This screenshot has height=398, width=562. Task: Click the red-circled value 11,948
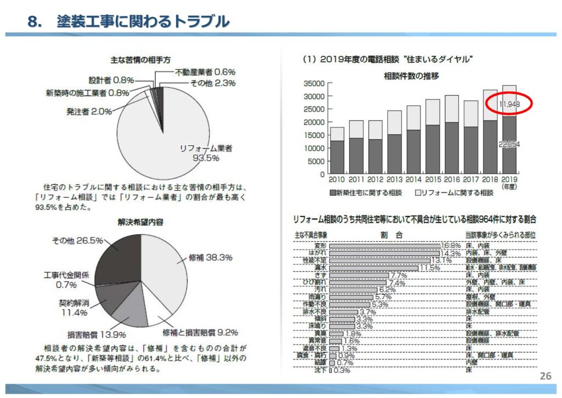(509, 104)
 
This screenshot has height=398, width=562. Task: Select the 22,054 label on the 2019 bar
(509, 144)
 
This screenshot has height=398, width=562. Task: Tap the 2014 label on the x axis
(413, 180)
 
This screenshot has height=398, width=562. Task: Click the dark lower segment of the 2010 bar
(337, 157)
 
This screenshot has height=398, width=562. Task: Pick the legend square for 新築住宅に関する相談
(333, 193)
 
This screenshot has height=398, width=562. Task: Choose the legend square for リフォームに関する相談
(417, 193)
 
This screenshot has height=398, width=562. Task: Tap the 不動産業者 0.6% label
(205, 71)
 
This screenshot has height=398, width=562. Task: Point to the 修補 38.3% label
(210, 257)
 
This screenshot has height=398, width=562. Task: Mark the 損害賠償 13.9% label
(97, 334)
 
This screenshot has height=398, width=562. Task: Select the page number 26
(545, 377)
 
